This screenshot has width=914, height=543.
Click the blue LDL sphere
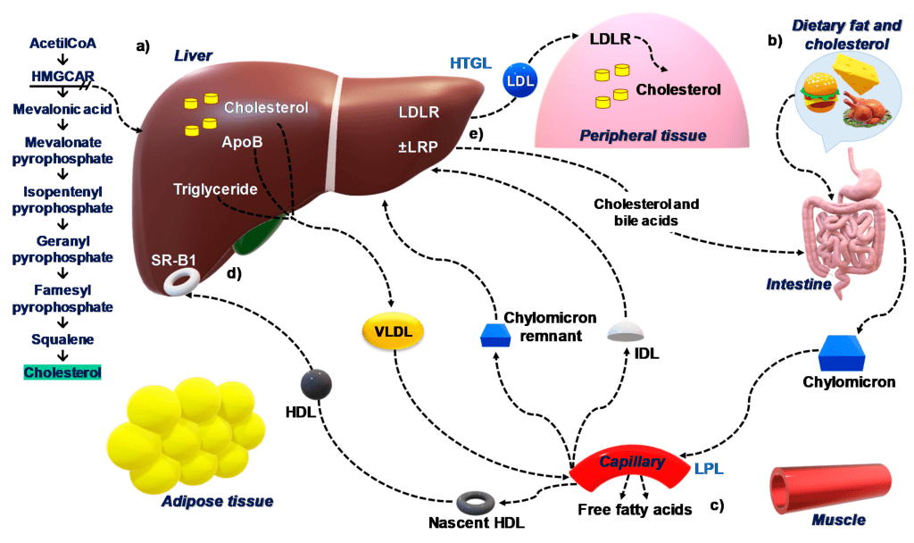coord(517,80)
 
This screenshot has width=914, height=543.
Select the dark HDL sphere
coord(316,384)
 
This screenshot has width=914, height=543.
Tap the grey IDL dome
coord(625,331)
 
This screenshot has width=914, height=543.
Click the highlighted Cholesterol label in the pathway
coord(63,372)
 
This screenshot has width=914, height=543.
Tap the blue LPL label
coord(709,467)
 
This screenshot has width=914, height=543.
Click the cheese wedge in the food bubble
coord(856,71)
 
